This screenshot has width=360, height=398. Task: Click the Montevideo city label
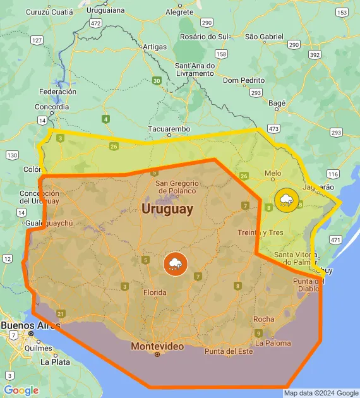coord(157,346)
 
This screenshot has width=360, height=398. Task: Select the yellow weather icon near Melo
coord(286,201)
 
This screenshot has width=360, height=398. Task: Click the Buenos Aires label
coord(30,325)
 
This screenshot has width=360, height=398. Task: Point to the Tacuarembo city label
coord(169,129)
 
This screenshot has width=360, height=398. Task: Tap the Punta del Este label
coord(228,351)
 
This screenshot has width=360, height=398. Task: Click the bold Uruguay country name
coord(167,208)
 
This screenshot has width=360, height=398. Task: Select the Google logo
coord(21,390)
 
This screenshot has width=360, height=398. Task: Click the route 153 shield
coord(342,12)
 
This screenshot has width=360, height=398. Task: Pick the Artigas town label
coord(155,47)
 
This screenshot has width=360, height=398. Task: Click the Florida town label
coord(155,292)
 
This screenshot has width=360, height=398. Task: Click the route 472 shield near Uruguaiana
coord(95,23)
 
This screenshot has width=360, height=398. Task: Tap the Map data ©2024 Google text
coord(320,393)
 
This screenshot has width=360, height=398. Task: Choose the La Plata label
coord(56,363)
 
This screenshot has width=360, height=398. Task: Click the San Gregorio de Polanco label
coord(177,186)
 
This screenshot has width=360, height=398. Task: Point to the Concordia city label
coord(53,107)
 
